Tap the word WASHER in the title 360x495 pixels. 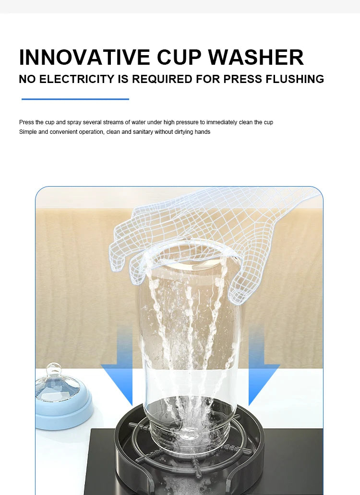coord(256,57)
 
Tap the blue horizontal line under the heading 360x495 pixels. coord(75,99)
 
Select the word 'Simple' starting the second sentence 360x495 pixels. coord(27,132)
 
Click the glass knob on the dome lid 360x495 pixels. coord(54,370)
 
